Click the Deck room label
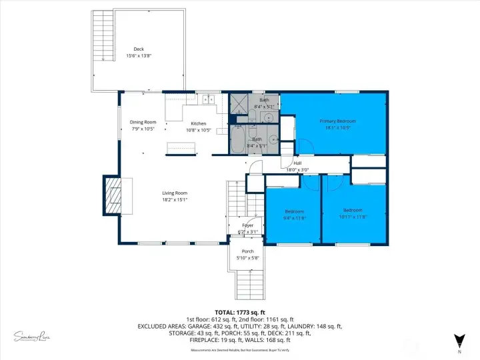tap(139, 49)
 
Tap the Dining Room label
tap(143, 122)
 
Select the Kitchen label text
tap(199, 123)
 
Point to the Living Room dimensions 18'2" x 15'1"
tap(175, 199)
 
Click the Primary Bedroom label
tap(337, 121)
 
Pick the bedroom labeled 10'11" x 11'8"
tap(353, 213)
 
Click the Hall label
tap(297, 163)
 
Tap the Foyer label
tap(248, 225)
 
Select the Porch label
tap(248, 251)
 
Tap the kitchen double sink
tap(208, 100)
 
